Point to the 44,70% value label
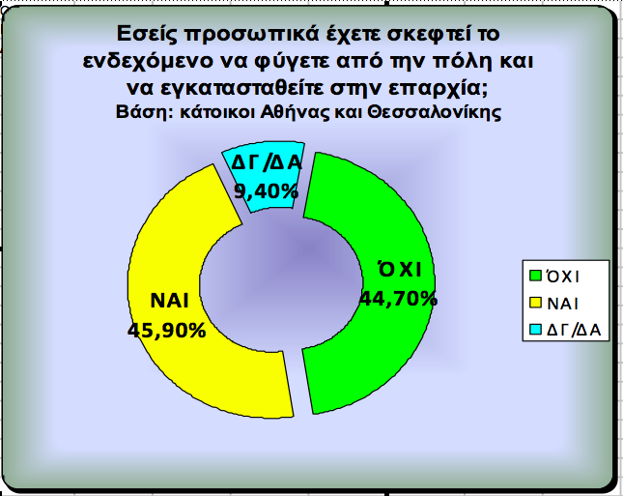click(x=398, y=299)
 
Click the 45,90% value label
click(x=167, y=330)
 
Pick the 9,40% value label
click(x=266, y=191)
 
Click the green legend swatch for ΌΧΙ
click(x=536, y=276)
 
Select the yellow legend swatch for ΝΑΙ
click(x=536, y=303)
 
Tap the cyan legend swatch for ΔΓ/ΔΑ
click(x=536, y=330)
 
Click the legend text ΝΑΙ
click(x=562, y=304)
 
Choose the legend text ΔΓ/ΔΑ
click(x=574, y=331)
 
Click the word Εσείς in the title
click(x=147, y=34)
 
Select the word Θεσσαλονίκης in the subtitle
click(x=434, y=112)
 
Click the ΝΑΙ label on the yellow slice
click(x=169, y=301)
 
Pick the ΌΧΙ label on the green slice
click(x=400, y=269)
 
